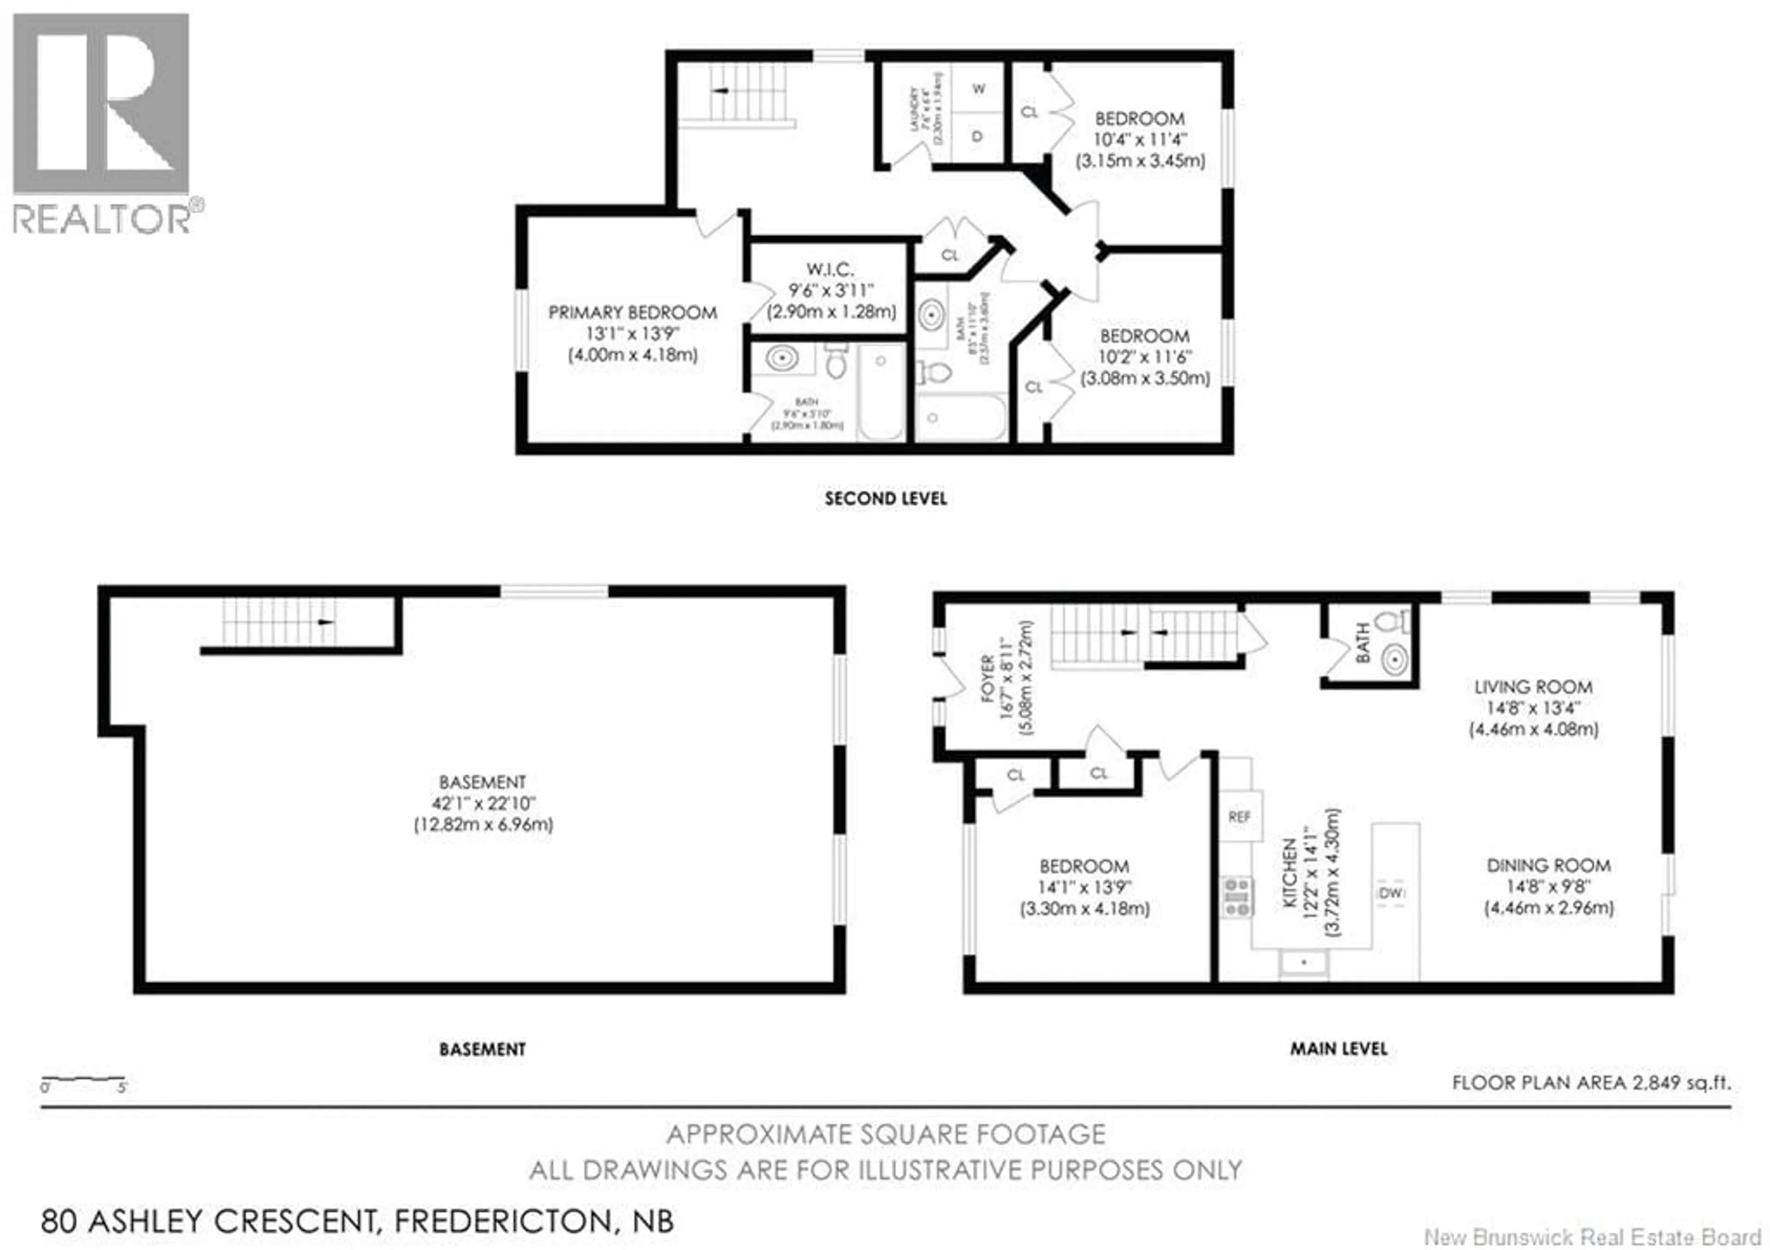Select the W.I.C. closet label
(830, 270)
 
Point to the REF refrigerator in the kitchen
(1239, 817)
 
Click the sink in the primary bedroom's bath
(783, 359)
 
